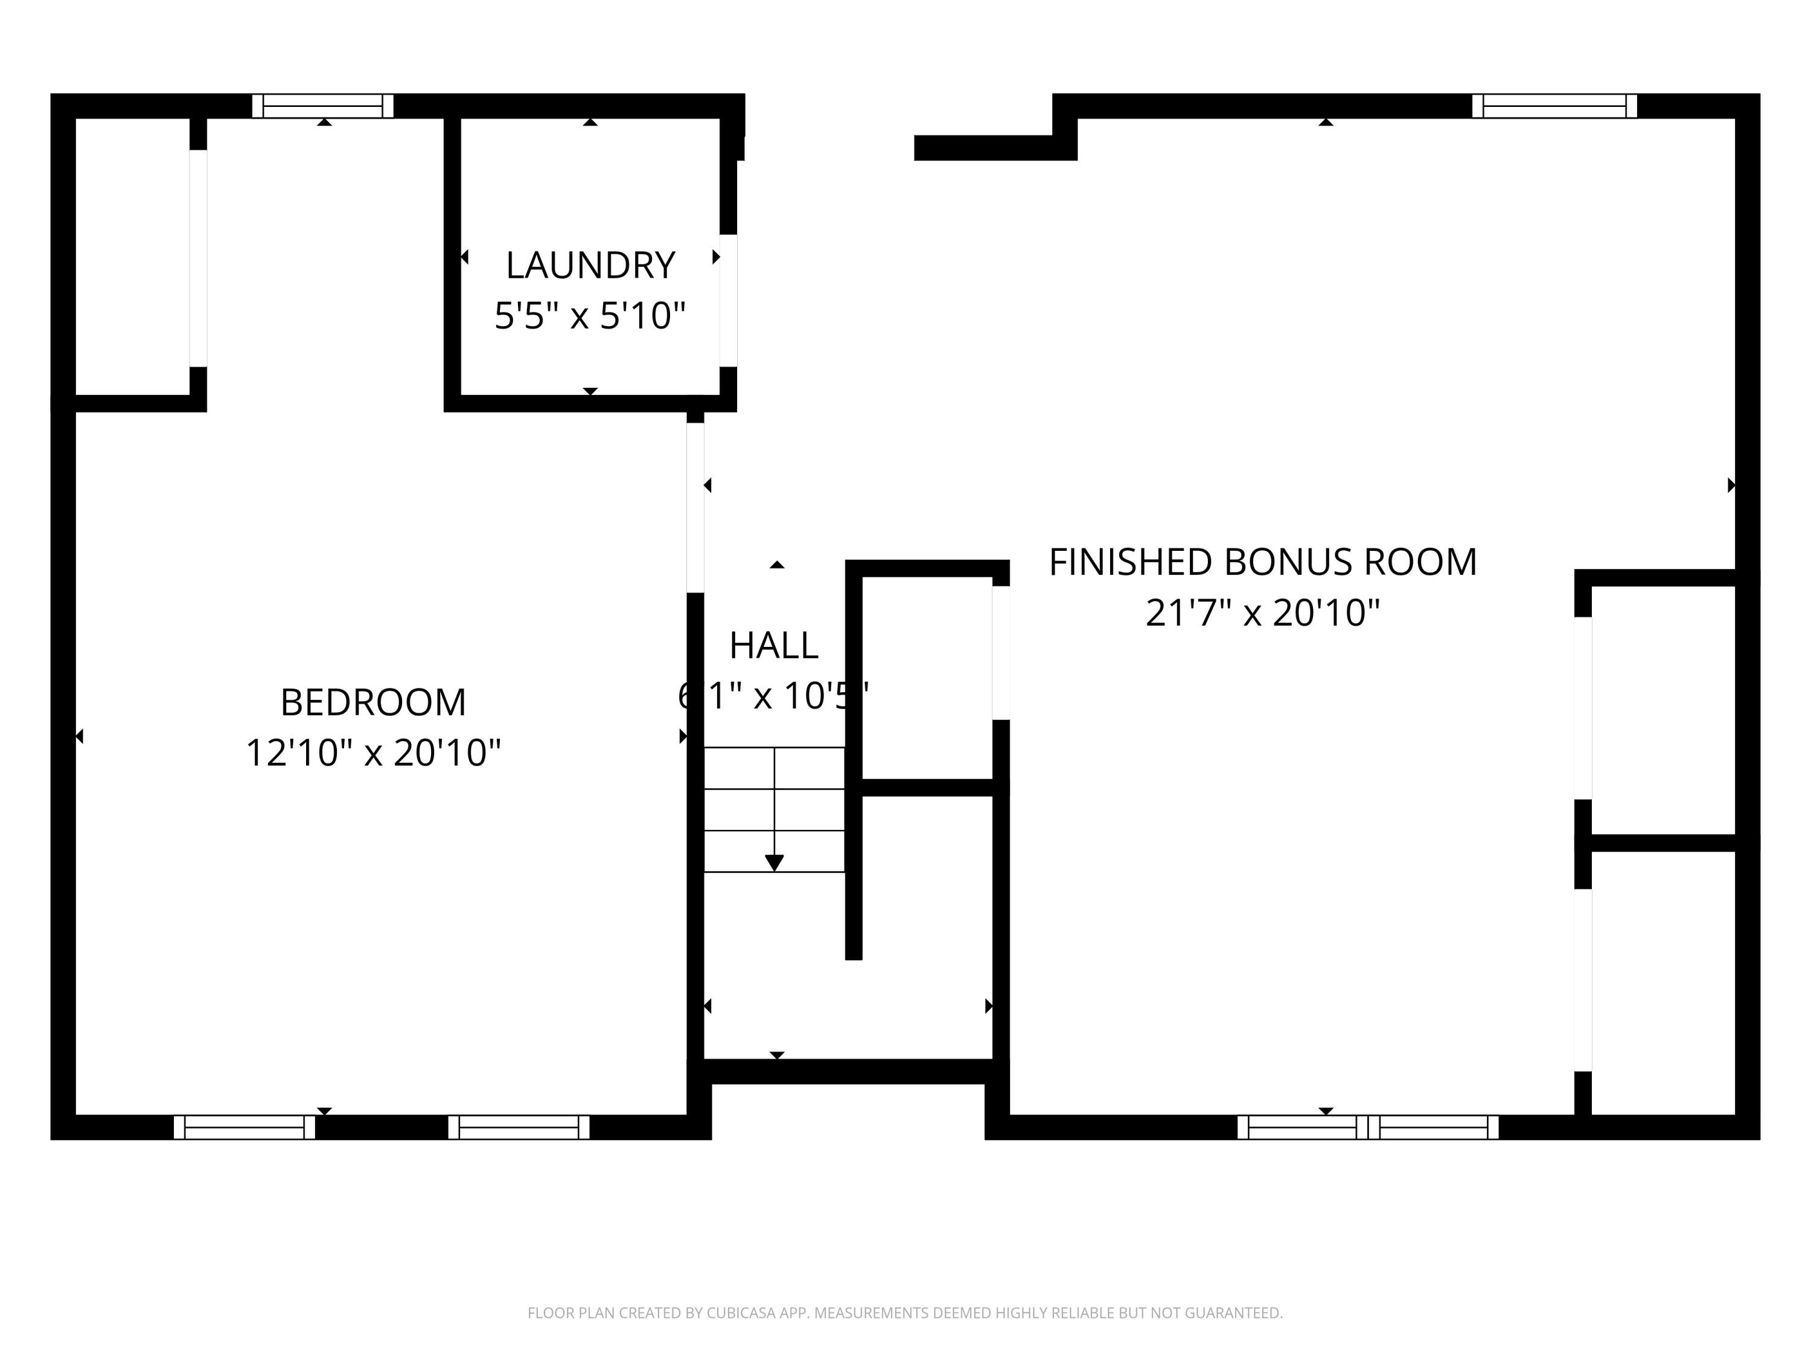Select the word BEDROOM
[373, 702]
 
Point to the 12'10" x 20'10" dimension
[373, 753]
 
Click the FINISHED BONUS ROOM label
[1262, 562]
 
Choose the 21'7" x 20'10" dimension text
[1262, 612]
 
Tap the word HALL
[774, 646]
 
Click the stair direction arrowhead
[775, 863]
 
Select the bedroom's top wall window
[322, 106]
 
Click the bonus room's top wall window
[1554, 106]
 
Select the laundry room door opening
[728, 301]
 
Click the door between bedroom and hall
[695, 507]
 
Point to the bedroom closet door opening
[198, 258]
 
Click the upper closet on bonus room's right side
[1662, 708]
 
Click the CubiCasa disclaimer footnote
[905, 1313]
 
